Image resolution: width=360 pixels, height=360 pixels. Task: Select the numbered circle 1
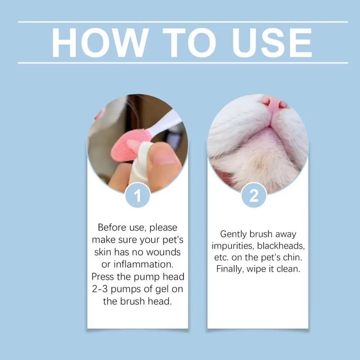coord(138,196)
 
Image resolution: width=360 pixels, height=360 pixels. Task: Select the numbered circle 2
coord(254,196)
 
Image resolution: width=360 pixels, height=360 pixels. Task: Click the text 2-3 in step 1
coord(102,289)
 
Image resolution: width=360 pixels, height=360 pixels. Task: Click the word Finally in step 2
coord(230,269)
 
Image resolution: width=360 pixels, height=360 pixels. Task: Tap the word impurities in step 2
coord(233,246)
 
